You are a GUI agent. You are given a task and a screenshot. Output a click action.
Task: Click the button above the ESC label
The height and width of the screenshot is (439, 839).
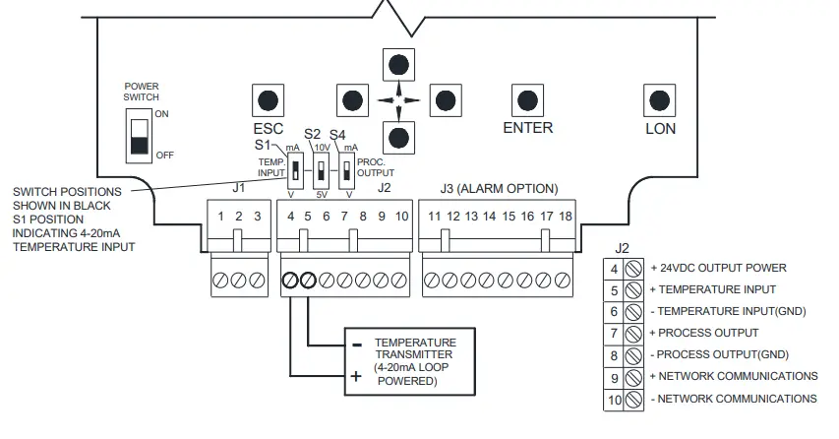268,99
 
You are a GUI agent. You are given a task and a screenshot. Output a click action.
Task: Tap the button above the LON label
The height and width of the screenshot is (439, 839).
659,99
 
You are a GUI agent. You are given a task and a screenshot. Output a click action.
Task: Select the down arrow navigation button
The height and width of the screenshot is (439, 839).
398,135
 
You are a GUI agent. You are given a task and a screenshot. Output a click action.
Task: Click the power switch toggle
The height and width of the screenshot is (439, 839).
139,136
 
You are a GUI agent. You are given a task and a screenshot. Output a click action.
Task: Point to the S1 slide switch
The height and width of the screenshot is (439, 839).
293,170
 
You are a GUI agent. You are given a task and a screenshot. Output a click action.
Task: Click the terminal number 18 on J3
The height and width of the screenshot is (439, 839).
566,216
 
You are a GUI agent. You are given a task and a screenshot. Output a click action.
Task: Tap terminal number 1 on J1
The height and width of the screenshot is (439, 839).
221,216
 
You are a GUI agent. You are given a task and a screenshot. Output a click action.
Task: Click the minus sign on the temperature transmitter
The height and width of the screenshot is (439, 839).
357,345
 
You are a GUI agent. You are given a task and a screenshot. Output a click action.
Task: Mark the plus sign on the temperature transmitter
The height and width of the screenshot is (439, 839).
357,375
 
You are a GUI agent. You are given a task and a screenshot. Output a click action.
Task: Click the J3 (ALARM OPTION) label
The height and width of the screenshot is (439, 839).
499,188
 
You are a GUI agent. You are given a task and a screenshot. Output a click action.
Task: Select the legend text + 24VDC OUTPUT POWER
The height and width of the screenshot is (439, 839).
718,268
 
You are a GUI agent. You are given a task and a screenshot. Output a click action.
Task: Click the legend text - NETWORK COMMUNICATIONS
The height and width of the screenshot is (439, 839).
734,399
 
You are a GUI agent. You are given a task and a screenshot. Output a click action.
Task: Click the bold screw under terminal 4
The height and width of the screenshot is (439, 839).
291,281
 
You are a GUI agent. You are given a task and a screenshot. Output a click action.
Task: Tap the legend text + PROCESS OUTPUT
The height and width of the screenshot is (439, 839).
706,333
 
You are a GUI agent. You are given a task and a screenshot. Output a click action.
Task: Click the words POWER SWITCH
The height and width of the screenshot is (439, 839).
141,93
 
